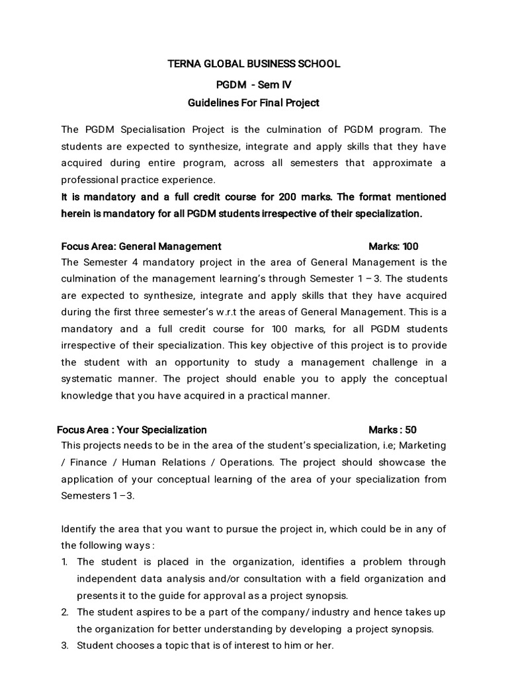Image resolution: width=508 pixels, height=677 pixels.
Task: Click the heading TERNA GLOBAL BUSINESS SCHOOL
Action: click(x=254, y=64)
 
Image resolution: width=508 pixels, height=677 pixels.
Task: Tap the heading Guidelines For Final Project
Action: click(x=254, y=102)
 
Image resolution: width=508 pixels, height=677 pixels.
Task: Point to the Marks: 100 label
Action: click(x=394, y=247)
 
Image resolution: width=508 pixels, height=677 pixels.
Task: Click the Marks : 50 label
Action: click(x=393, y=429)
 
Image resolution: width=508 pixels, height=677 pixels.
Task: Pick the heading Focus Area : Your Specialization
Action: click(x=132, y=429)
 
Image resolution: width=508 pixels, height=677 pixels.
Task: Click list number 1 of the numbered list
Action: click(x=64, y=562)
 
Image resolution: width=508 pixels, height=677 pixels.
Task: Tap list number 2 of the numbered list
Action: click(x=65, y=612)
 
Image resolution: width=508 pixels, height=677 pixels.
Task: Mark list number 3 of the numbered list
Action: click(x=65, y=646)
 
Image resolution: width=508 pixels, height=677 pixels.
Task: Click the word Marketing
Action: click(x=422, y=446)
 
